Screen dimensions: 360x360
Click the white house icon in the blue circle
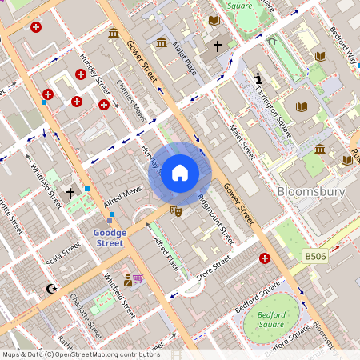[x=180, y=173]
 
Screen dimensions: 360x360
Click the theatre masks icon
[x=176, y=211]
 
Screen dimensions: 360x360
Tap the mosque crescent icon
[x=53, y=288]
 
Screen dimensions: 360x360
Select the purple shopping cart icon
[x=138, y=279]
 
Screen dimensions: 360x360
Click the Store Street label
[x=213, y=268]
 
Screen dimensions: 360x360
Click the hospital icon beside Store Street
[x=265, y=258]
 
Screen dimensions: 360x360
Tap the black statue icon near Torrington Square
[x=258, y=78]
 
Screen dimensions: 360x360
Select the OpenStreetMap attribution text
[x=80, y=354]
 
